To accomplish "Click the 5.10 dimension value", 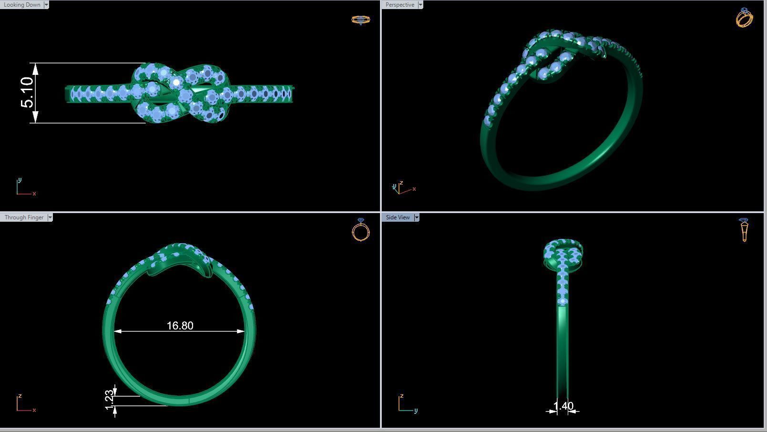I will click(27, 93).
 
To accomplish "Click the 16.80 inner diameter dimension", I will click(180, 326).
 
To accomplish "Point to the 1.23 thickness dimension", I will click(109, 400).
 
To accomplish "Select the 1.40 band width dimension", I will click(563, 406).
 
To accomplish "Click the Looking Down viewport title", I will click(22, 5).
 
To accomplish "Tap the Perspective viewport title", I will click(399, 5).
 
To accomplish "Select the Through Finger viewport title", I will click(24, 217).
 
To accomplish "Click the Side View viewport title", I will click(398, 217).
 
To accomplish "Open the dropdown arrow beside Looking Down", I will click(46, 5).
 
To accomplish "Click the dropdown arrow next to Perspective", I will click(420, 5).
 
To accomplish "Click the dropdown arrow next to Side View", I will click(416, 217).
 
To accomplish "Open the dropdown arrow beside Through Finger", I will click(50, 217).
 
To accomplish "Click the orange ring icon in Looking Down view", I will click(360, 20).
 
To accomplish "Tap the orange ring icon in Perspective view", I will click(744, 18).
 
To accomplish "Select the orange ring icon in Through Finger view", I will click(361, 230).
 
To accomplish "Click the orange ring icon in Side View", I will click(744, 230).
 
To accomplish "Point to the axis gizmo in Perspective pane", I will click(402, 188).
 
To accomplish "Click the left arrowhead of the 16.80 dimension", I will click(117, 331).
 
